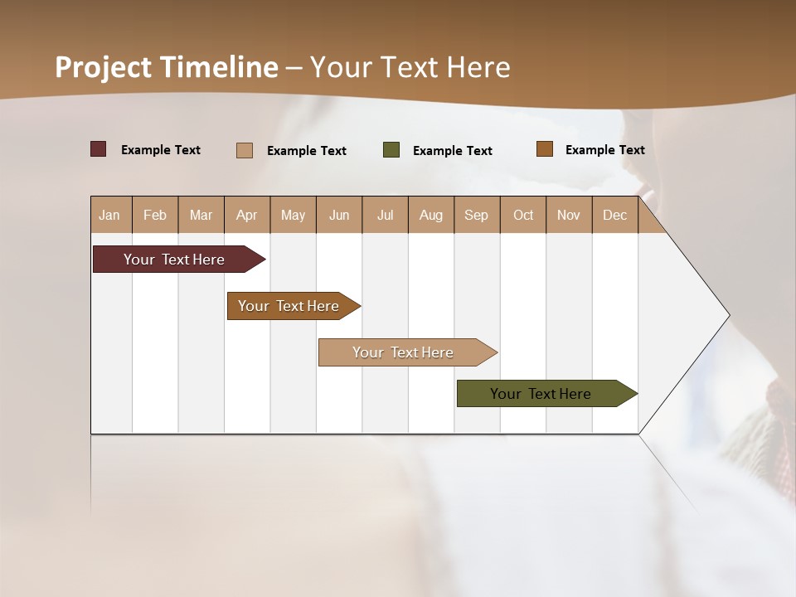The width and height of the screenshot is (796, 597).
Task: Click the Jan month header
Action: point(109,215)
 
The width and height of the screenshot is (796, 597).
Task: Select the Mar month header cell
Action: point(201,215)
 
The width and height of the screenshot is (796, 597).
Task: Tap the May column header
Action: point(293,215)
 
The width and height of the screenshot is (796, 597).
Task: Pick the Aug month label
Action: point(430,215)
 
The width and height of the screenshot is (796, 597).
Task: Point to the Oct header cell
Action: point(523,215)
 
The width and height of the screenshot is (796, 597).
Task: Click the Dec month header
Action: point(614,215)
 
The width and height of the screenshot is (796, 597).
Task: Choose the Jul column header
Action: point(385,215)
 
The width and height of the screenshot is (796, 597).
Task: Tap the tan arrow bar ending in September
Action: point(404,352)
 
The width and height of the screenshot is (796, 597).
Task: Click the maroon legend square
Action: point(99,149)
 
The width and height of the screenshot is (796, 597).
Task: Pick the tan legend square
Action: point(245,150)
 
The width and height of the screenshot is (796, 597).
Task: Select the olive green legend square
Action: point(391,150)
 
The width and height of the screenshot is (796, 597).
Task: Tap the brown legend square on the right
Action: point(545,149)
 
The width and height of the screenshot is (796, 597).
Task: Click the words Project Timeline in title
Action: point(166,67)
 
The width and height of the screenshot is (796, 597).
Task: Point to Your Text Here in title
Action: point(410,67)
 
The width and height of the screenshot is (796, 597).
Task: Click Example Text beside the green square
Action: point(452,151)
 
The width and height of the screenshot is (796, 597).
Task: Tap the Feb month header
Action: point(155,215)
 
